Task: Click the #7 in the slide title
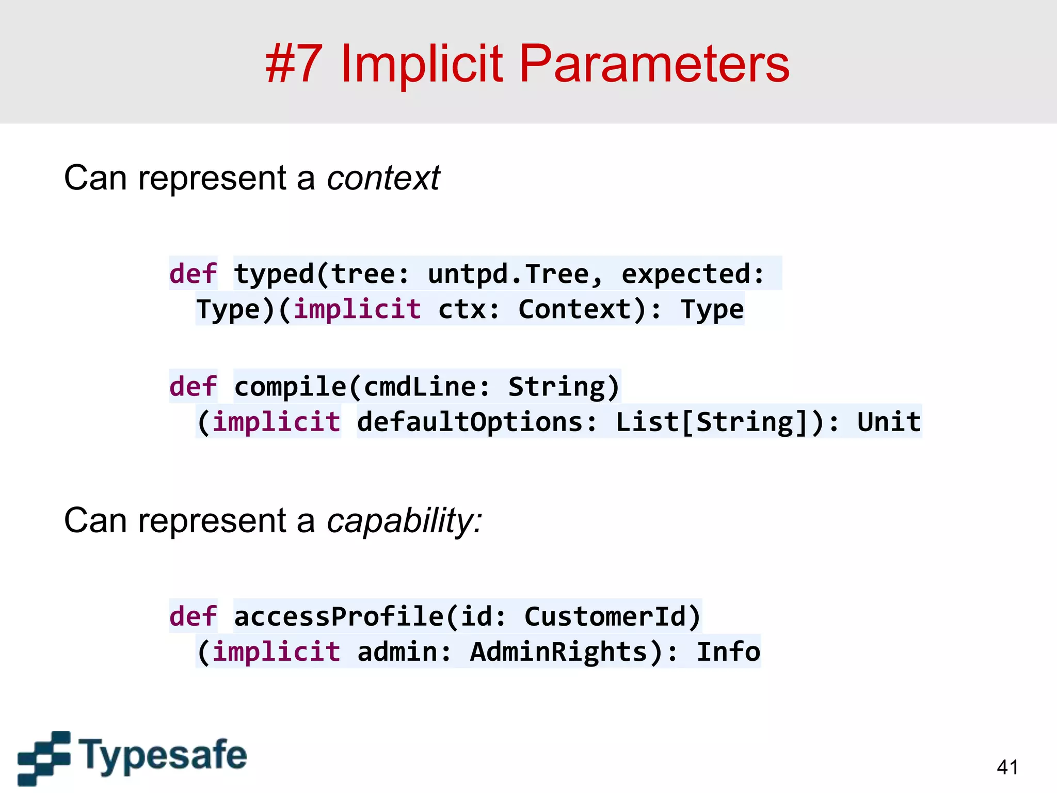[294, 64]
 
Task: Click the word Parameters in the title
[654, 64]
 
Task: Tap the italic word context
[383, 178]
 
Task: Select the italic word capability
[404, 520]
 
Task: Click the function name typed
[274, 274]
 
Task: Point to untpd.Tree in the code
[509, 274]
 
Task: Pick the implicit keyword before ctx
[358, 309]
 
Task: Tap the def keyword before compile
[194, 387]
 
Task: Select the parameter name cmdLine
[419, 387]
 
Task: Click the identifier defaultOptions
[470, 422]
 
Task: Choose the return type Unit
[889, 422]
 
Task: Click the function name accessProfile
[339, 616]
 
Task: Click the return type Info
[728, 652]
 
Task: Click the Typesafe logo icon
[44, 758]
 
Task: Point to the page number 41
[1007, 767]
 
